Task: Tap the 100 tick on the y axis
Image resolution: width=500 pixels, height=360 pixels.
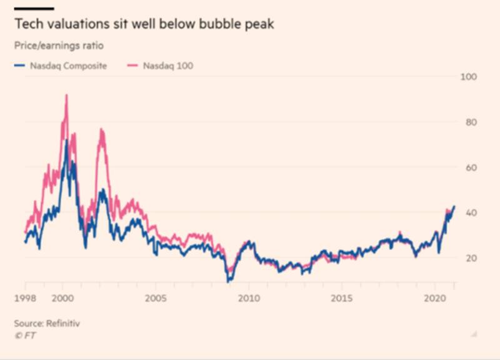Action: tap(467, 76)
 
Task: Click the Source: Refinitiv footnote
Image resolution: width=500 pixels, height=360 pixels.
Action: tap(47, 323)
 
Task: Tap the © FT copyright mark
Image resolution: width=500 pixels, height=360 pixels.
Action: tap(25, 334)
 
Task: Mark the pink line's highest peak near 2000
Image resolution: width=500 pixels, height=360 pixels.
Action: tap(66, 95)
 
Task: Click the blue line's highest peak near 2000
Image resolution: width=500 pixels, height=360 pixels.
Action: tap(66, 141)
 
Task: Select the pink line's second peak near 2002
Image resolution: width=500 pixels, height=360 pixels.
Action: tap(101, 129)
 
